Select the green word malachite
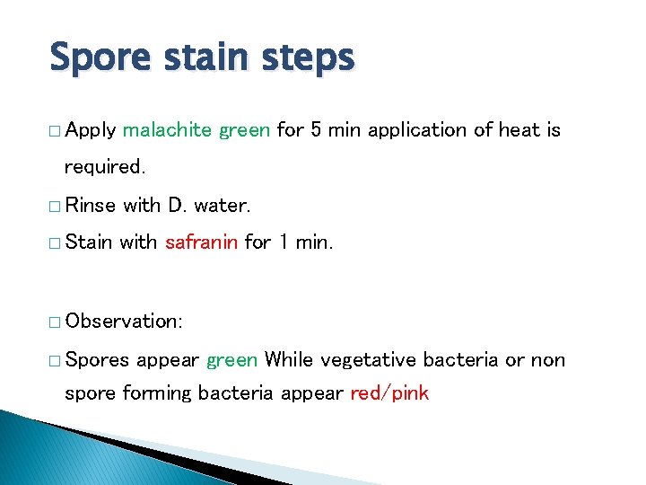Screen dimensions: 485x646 pyautogui.click(x=168, y=130)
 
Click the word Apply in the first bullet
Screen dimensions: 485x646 pyautogui.click(x=91, y=130)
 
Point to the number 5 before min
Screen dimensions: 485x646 pyautogui.click(x=316, y=130)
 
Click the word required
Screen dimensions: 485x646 pyautogui.click(x=104, y=167)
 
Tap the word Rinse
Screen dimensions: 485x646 pyautogui.click(x=91, y=205)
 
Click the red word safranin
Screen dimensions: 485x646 pyautogui.click(x=202, y=242)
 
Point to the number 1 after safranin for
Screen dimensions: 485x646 pyautogui.click(x=282, y=242)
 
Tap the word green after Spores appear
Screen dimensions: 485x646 pyautogui.click(x=232, y=360)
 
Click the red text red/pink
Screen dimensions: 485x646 pyautogui.click(x=389, y=393)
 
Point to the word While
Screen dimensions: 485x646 pyautogui.click(x=289, y=360)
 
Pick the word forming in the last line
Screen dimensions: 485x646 pyautogui.click(x=159, y=393)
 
